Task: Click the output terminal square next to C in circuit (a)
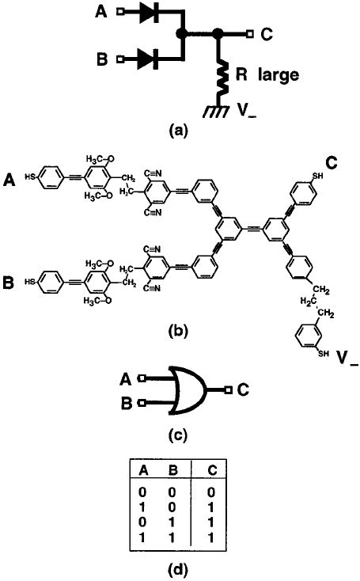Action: [x=248, y=34]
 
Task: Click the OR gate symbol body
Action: [x=184, y=390]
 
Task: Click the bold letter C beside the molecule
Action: [x=331, y=164]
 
